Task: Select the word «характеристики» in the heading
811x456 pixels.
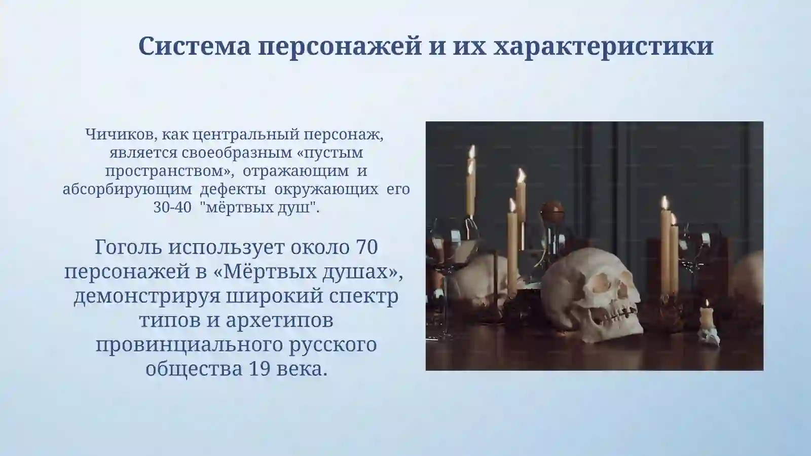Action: coord(603,47)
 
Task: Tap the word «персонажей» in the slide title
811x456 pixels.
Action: coord(339,47)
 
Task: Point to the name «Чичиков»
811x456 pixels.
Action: coord(116,134)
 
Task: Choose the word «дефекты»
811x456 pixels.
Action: coord(233,189)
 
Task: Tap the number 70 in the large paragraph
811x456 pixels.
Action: coord(367,248)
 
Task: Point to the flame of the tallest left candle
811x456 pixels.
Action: coord(472,151)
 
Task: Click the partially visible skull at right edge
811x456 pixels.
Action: coord(751,274)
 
